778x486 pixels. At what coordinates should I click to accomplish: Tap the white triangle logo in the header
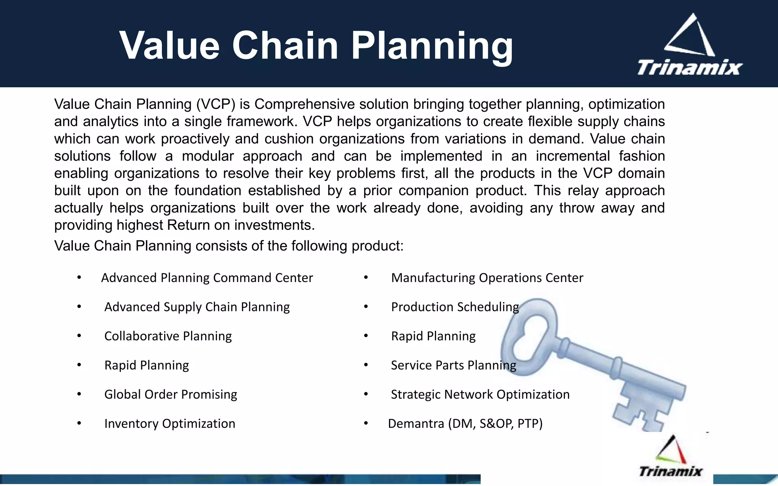point(689,36)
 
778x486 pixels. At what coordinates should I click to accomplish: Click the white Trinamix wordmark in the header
point(689,68)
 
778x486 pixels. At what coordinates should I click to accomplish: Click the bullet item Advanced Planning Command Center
point(207,278)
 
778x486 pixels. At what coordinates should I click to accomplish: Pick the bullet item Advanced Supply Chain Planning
point(197,307)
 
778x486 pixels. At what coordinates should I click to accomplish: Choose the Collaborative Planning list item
point(168,336)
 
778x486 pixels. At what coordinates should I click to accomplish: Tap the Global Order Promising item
point(171,394)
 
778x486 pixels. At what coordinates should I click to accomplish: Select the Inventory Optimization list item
point(170,424)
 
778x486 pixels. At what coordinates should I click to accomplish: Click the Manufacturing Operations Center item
point(487,278)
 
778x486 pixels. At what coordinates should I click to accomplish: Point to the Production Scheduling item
point(455,307)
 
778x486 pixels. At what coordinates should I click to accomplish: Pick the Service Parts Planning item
point(453,365)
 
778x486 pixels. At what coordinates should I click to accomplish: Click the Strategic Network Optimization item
point(480,394)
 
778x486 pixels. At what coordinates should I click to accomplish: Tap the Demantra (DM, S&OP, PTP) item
point(465,424)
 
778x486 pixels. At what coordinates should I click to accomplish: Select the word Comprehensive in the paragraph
point(305,104)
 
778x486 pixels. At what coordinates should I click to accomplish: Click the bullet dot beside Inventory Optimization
point(79,423)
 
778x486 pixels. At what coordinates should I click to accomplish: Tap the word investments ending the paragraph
point(274,226)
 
